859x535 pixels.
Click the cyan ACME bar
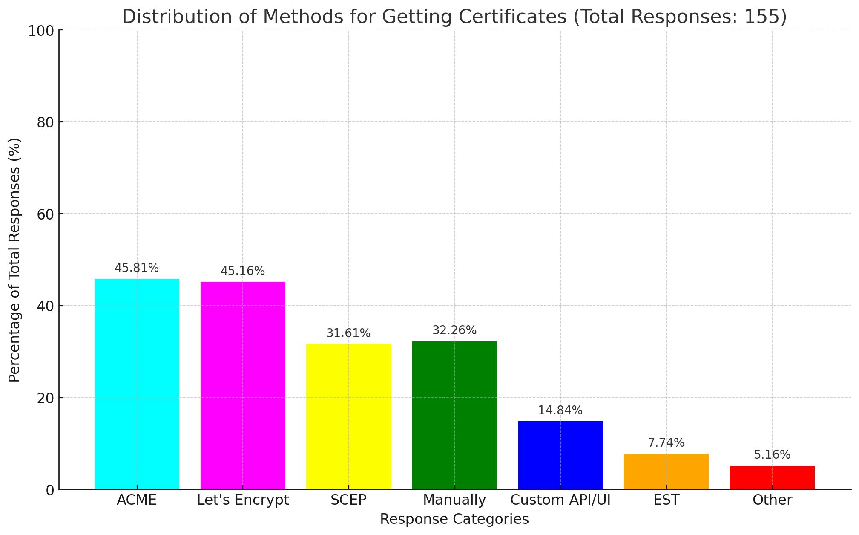[x=137, y=384]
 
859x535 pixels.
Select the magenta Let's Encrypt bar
[x=243, y=385]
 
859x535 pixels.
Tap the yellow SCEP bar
[x=348, y=416]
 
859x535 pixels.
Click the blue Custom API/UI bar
[x=560, y=455]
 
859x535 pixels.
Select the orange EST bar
[x=666, y=471]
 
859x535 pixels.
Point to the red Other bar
[x=772, y=477]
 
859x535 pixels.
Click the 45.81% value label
[x=137, y=268]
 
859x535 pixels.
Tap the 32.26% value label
[x=454, y=330]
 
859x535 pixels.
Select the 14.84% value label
[x=560, y=411]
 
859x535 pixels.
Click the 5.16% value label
[x=772, y=455]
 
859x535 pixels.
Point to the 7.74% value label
[x=666, y=443]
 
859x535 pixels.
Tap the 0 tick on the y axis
[x=50, y=490]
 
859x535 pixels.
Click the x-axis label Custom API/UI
[x=560, y=500]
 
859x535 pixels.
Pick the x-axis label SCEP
[x=348, y=500]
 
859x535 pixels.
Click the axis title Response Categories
[x=454, y=519]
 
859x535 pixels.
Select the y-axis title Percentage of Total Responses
[x=14, y=260]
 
